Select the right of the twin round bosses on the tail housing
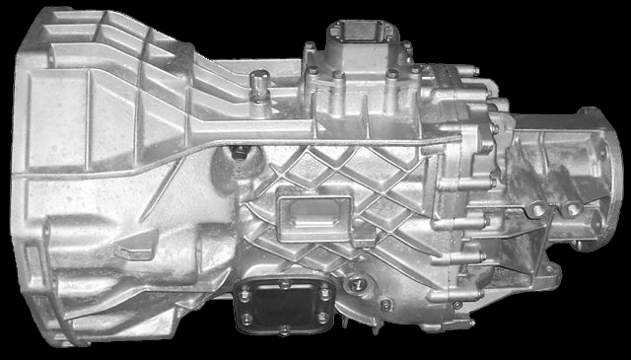(571, 207)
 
